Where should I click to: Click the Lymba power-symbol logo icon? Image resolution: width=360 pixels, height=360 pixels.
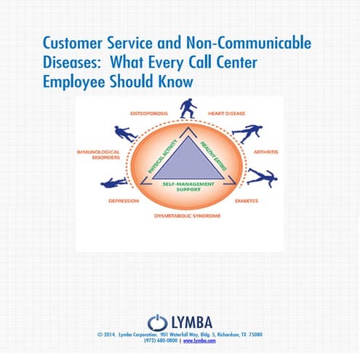(157, 321)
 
